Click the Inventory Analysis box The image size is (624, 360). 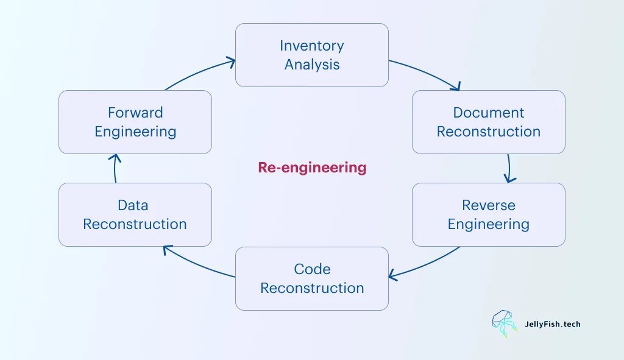[311, 55]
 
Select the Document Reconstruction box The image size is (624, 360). [488, 122]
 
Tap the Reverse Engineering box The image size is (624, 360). [488, 214]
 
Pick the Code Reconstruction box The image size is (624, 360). [311, 278]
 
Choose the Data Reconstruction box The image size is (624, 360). [135, 214]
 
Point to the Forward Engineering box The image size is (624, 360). [135, 122]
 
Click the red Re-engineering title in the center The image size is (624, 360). [312, 168]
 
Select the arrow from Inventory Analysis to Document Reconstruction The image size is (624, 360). [427, 72]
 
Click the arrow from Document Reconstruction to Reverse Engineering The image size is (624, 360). [509, 168]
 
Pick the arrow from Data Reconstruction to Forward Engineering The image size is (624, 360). [115, 168]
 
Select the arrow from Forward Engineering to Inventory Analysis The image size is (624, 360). [198, 72]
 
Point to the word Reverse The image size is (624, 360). [488, 205]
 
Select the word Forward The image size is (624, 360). [135, 113]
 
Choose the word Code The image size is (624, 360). [312, 269]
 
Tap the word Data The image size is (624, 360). [133, 205]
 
